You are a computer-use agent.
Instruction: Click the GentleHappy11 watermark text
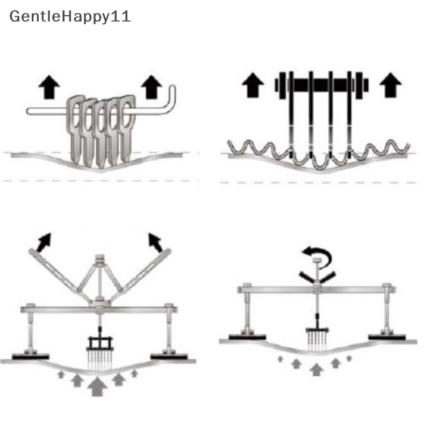(70, 17)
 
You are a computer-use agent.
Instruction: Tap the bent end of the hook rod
(171, 99)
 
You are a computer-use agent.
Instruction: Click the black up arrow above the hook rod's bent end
(153, 87)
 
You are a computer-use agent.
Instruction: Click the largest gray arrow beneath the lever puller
(97, 386)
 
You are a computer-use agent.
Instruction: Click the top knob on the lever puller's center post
(99, 259)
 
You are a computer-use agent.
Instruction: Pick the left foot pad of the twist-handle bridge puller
(247, 338)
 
